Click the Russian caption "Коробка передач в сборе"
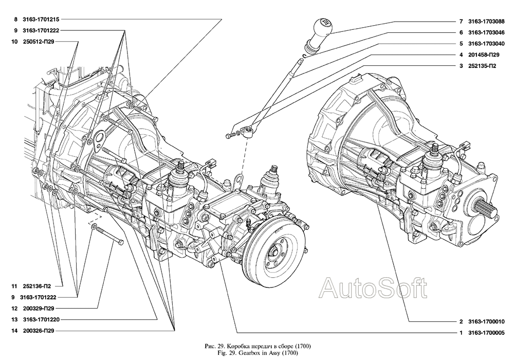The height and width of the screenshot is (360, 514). pyautogui.click(x=257, y=345)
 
